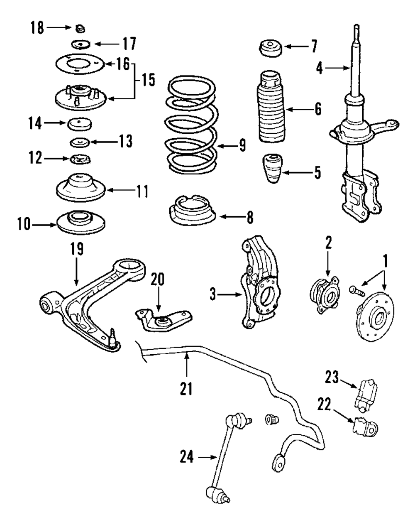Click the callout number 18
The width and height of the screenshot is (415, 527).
tap(37, 27)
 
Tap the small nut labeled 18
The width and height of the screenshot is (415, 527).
tap(80, 29)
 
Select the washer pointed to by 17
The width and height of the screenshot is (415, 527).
tap(81, 44)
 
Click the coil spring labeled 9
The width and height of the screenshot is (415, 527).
tap(192, 125)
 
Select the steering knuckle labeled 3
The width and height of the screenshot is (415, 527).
tap(261, 282)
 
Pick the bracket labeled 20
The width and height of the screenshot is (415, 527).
tap(164, 320)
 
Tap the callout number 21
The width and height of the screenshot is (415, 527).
tap(186, 388)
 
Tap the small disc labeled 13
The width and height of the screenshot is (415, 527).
tap(80, 142)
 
